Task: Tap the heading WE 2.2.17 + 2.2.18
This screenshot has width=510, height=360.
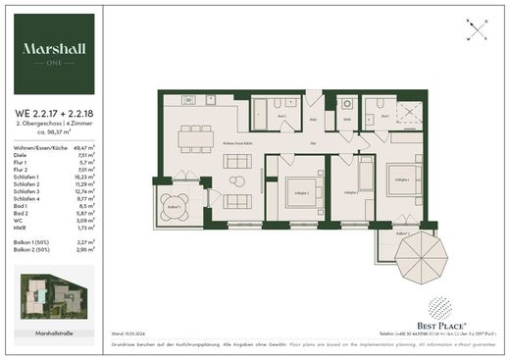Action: tap(55, 110)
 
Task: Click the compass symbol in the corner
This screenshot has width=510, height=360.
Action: tap(476, 29)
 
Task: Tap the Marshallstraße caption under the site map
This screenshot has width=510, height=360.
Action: tap(56, 333)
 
